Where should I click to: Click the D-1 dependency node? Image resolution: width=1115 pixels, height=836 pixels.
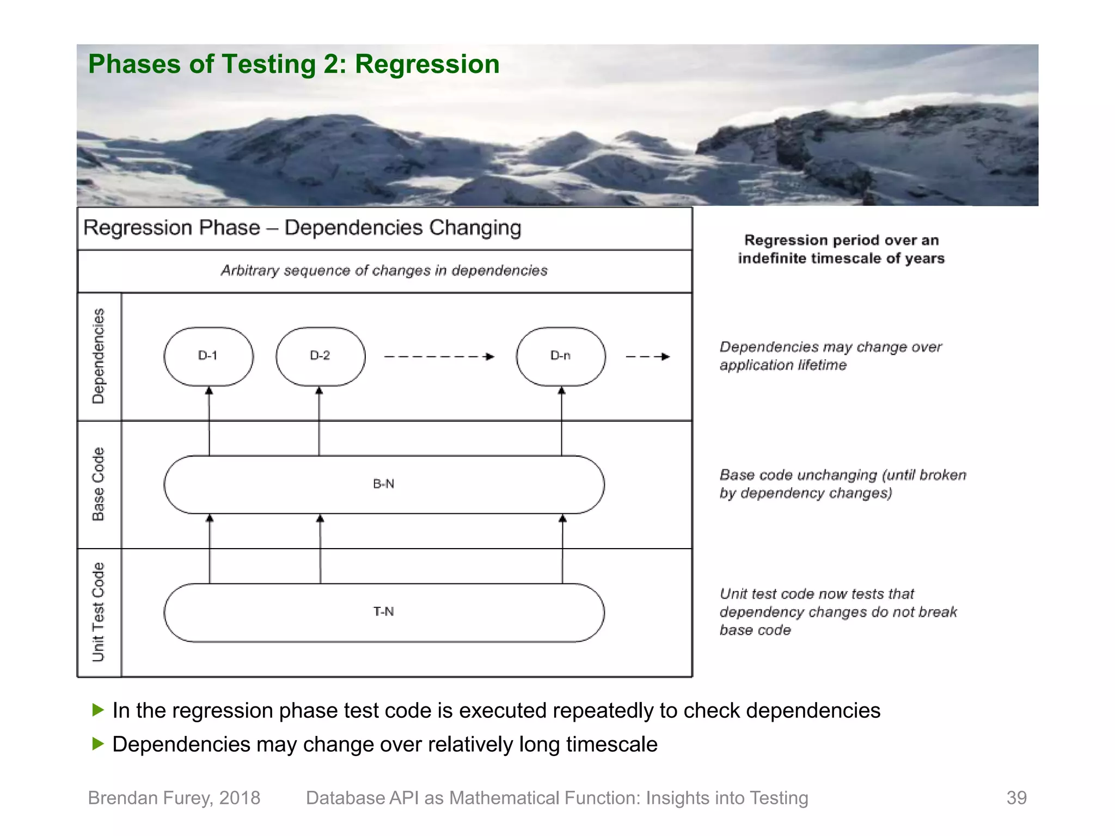[x=208, y=356]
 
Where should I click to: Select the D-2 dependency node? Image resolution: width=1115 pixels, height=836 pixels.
[x=320, y=356]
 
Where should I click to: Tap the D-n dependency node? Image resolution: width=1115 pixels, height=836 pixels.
[x=561, y=356]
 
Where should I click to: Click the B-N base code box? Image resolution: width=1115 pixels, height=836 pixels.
[x=384, y=484]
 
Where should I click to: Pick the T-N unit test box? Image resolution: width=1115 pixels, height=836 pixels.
[x=384, y=612]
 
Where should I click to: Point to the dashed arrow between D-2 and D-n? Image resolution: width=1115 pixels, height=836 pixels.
[x=439, y=357]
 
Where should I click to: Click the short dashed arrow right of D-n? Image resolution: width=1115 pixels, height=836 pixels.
[x=647, y=357]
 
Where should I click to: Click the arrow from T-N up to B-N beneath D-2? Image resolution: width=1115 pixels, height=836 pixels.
[x=320, y=549]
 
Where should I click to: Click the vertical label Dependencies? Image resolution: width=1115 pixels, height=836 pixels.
[x=99, y=356]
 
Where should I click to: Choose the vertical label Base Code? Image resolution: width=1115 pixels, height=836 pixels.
[x=99, y=484]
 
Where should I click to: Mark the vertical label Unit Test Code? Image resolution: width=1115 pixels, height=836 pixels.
[x=99, y=612]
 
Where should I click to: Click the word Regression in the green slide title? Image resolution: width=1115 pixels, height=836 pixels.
[x=427, y=64]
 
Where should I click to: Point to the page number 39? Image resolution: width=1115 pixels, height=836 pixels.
[x=1016, y=798]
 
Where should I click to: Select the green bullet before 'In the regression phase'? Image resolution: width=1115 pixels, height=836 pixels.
[x=98, y=710]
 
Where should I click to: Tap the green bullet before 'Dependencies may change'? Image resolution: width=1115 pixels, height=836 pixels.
[x=98, y=743]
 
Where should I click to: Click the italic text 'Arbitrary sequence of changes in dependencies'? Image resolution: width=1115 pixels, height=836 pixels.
[x=384, y=271]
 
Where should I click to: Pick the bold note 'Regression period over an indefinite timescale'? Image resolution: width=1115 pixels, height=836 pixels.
[x=841, y=249]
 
